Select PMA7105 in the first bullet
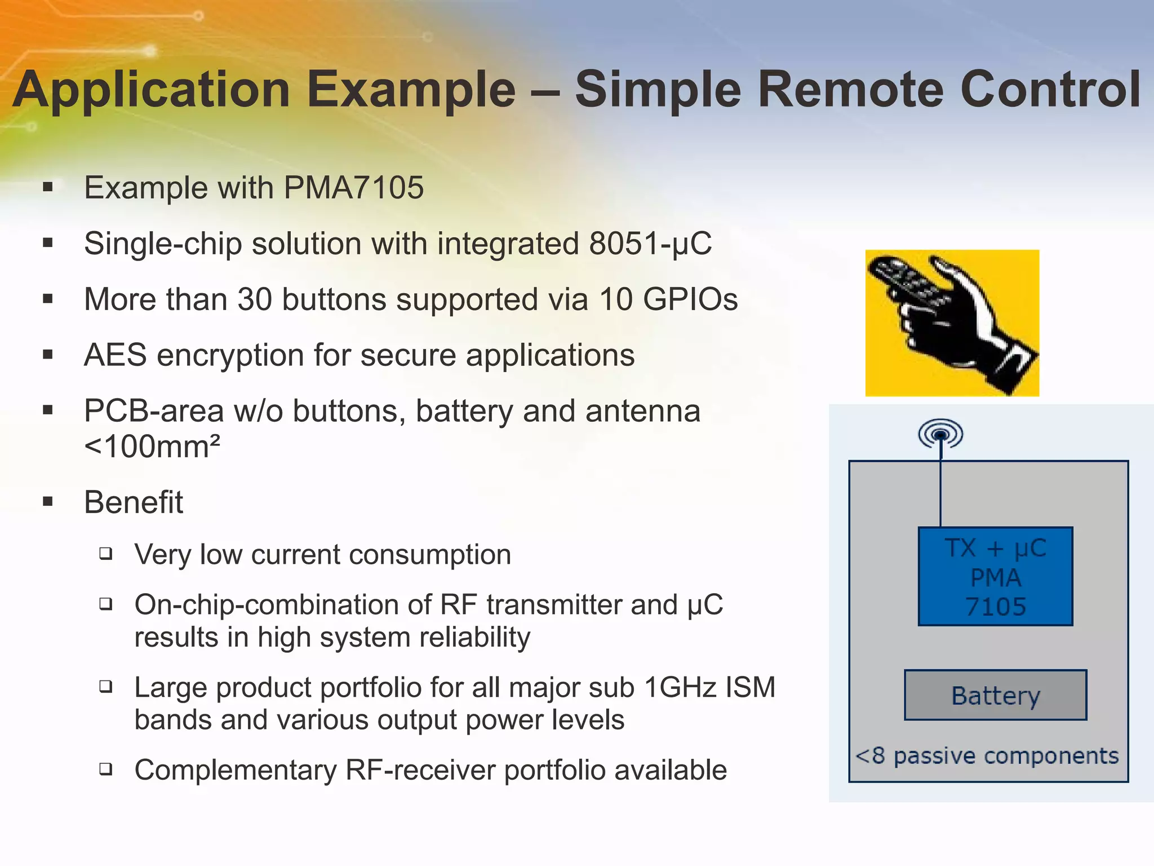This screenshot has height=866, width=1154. coord(353,188)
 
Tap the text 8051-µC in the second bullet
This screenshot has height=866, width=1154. coord(650,244)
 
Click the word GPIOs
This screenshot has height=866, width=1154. coord(690,299)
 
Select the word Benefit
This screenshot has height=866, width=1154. coord(134,502)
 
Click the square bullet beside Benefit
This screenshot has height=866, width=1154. coord(48,502)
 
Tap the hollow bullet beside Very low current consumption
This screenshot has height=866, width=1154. coord(106,554)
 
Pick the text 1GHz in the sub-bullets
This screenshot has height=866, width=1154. coord(680,688)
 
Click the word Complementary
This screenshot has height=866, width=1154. coord(235,770)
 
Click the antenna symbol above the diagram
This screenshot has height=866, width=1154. coord(940,434)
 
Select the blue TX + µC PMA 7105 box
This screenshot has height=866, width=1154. coord(995,576)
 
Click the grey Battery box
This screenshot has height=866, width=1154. coord(995,695)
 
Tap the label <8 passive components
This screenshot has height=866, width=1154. coord(987,756)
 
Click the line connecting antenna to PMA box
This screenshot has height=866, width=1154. coord(940,491)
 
